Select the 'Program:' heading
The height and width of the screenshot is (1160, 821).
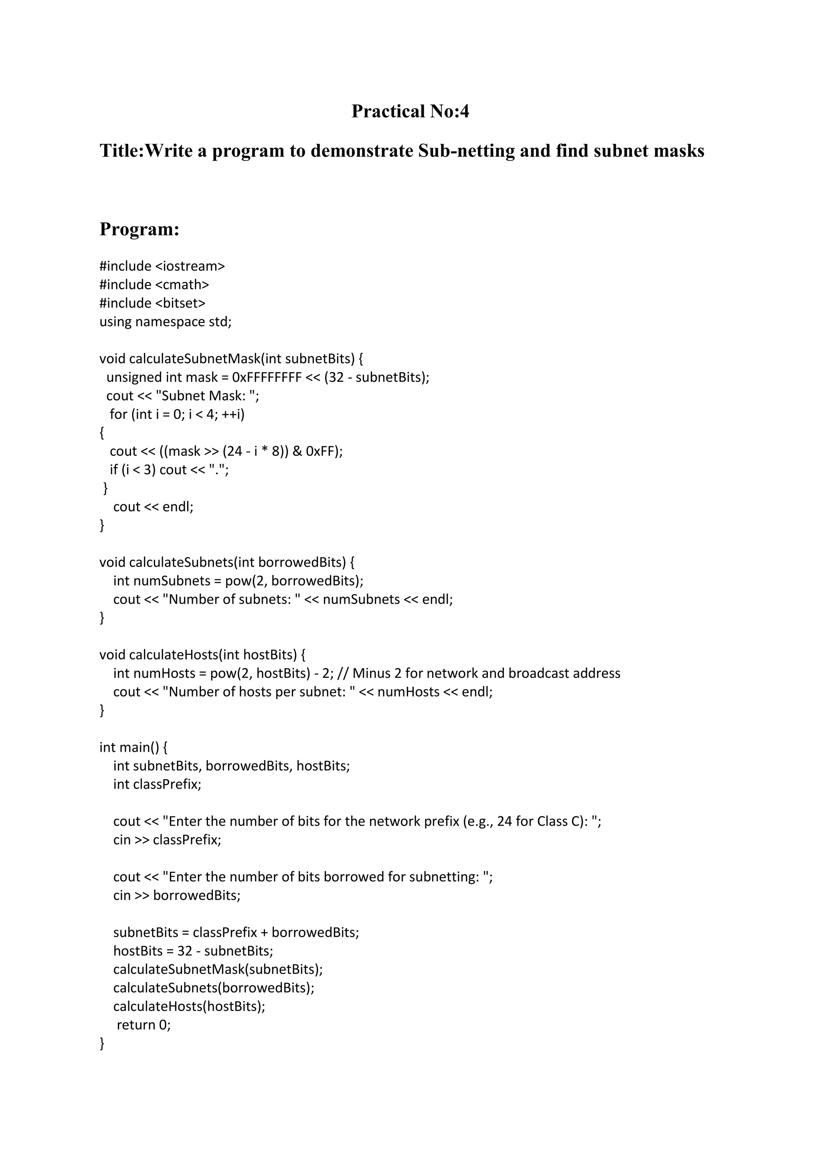[x=140, y=230]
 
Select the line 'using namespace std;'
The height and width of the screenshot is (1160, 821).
[x=165, y=322]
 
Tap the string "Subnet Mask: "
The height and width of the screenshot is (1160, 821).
[x=208, y=396]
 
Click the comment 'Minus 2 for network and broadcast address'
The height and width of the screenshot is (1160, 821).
[x=486, y=673]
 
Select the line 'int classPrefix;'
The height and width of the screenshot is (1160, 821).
[x=157, y=785]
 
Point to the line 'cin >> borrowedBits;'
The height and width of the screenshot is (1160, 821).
[x=176, y=895]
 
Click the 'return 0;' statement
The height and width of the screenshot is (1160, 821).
[x=144, y=1025]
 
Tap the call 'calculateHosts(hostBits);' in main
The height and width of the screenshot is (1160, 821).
[x=189, y=1007]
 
